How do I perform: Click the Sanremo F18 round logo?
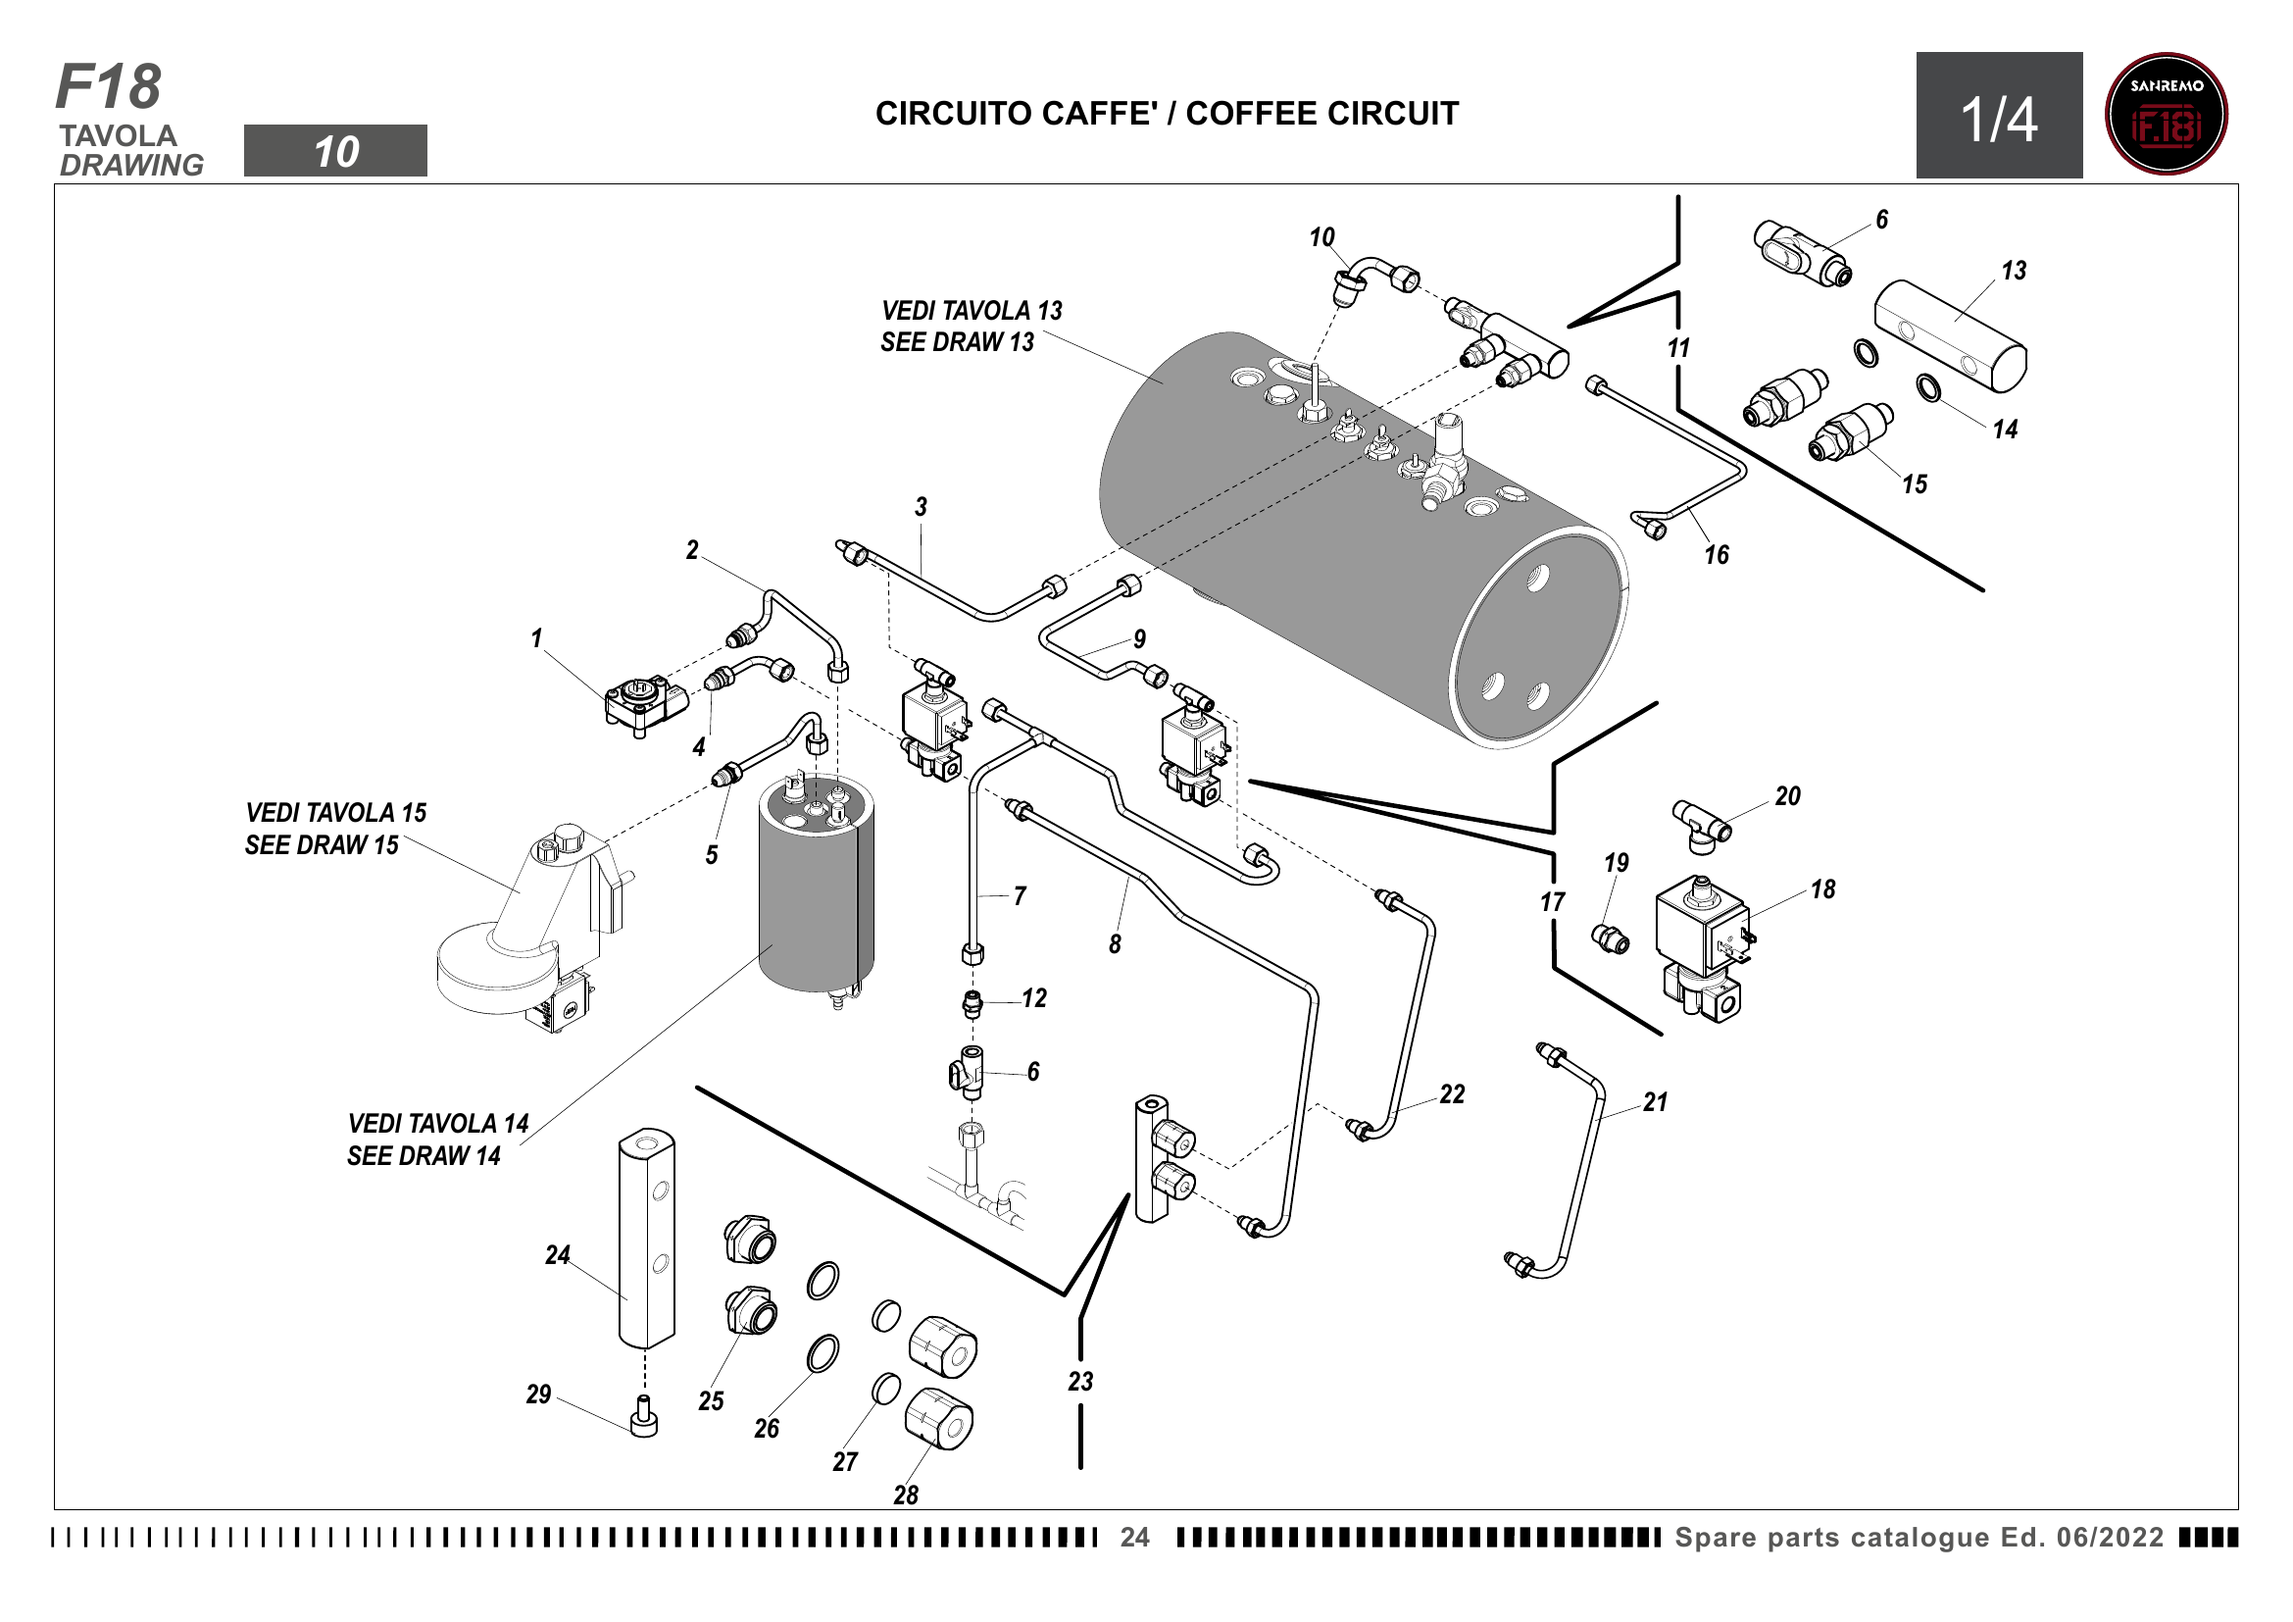pos(2166,114)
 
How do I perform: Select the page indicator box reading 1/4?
pos(1998,116)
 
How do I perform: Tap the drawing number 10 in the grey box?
pos(335,152)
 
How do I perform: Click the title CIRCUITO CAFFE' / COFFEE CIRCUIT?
pos(1167,114)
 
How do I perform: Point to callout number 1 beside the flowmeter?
pos(536,638)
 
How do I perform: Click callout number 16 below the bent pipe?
pos(1716,555)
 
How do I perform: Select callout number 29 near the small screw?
pos(538,1394)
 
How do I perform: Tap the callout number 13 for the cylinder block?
pos(2014,271)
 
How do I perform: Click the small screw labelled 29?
pos(645,1417)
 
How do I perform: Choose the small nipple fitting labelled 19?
pos(1610,938)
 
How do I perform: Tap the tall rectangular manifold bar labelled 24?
pos(646,1239)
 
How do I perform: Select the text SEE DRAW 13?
pos(957,342)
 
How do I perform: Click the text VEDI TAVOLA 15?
pos(335,813)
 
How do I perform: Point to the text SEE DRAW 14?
pos(424,1155)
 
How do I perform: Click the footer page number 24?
pos(1134,1537)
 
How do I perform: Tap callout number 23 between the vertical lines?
pos(1080,1382)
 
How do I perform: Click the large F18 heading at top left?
pos(108,87)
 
